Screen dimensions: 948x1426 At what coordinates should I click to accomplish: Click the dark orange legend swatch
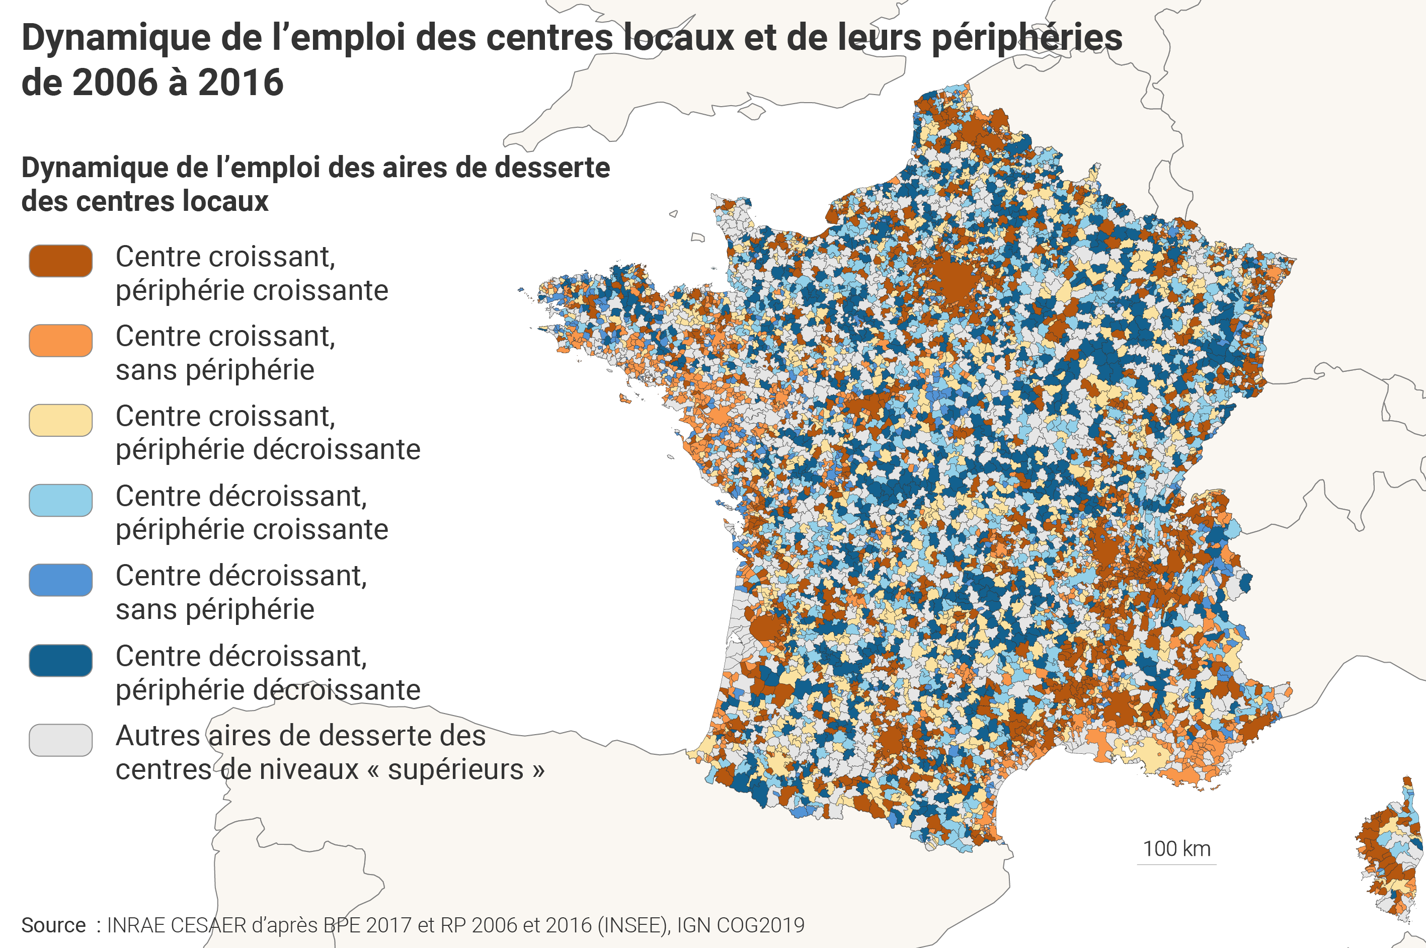(x=60, y=261)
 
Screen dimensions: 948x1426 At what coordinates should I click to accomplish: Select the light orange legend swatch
(x=60, y=340)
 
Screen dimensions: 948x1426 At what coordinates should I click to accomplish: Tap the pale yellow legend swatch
(x=60, y=420)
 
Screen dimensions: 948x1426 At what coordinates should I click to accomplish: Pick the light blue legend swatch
(x=60, y=500)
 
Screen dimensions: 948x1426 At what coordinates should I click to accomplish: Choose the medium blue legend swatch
(x=60, y=580)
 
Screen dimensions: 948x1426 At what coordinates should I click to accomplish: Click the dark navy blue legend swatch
(x=60, y=660)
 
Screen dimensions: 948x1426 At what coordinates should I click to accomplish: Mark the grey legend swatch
(x=60, y=740)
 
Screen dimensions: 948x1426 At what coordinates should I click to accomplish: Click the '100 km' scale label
(x=1176, y=848)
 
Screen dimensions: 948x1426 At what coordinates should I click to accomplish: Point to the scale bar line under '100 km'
(x=1176, y=864)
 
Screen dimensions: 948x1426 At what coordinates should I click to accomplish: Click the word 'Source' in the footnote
(x=53, y=925)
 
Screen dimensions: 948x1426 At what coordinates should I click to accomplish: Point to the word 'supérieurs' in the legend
(x=455, y=770)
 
